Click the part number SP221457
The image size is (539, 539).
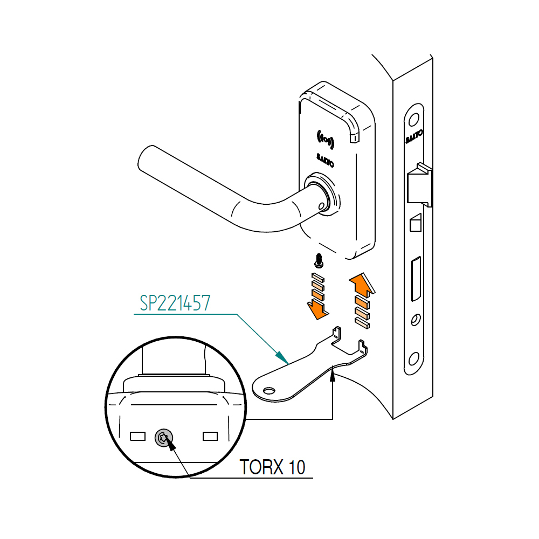[x=175, y=304]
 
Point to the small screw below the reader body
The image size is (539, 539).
[x=319, y=261]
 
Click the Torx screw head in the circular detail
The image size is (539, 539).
[x=164, y=438]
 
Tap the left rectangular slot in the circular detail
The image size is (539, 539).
[x=139, y=435]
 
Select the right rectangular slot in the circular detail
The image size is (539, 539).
[x=210, y=436]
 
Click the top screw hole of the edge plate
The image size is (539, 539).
[x=414, y=120]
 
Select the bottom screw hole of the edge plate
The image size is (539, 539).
[x=414, y=358]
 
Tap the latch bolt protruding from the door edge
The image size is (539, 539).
[x=420, y=186]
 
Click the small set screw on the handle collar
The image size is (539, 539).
[x=323, y=205]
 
